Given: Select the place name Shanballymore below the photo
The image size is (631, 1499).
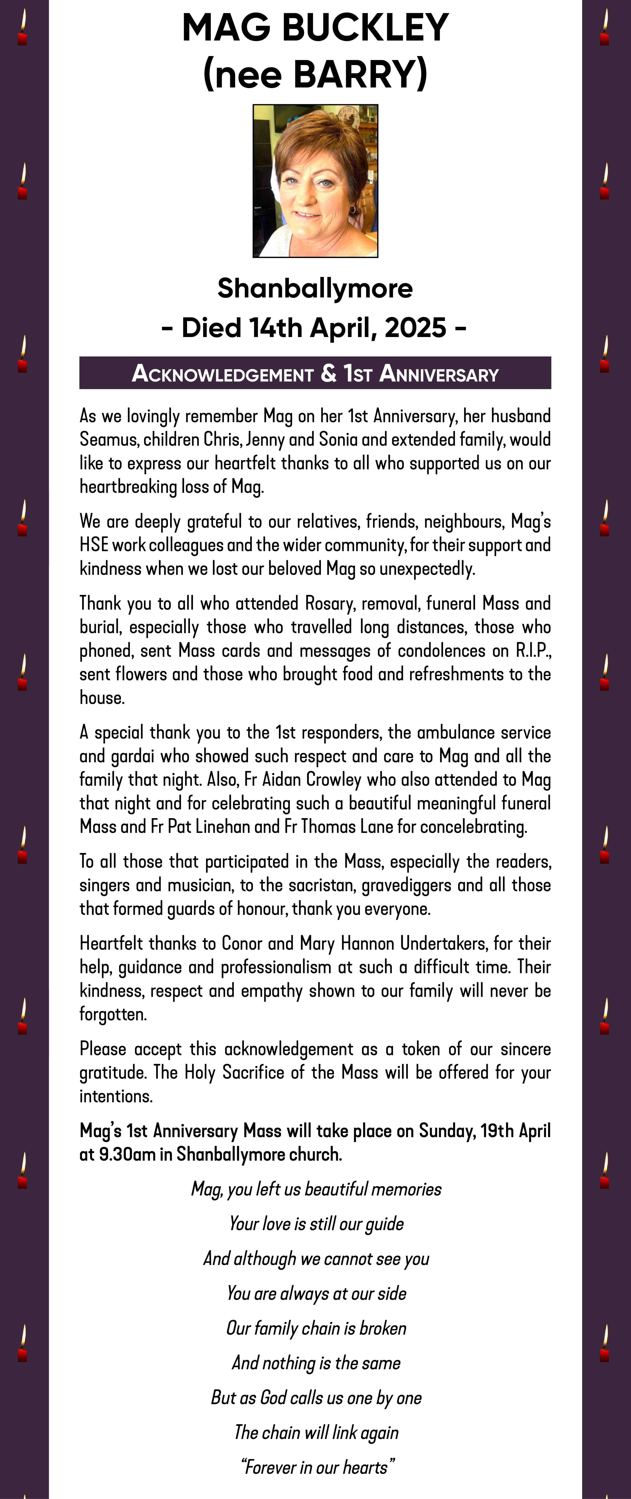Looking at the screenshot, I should click(315, 288).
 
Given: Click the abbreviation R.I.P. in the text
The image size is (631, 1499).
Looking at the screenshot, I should click(533, 651).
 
